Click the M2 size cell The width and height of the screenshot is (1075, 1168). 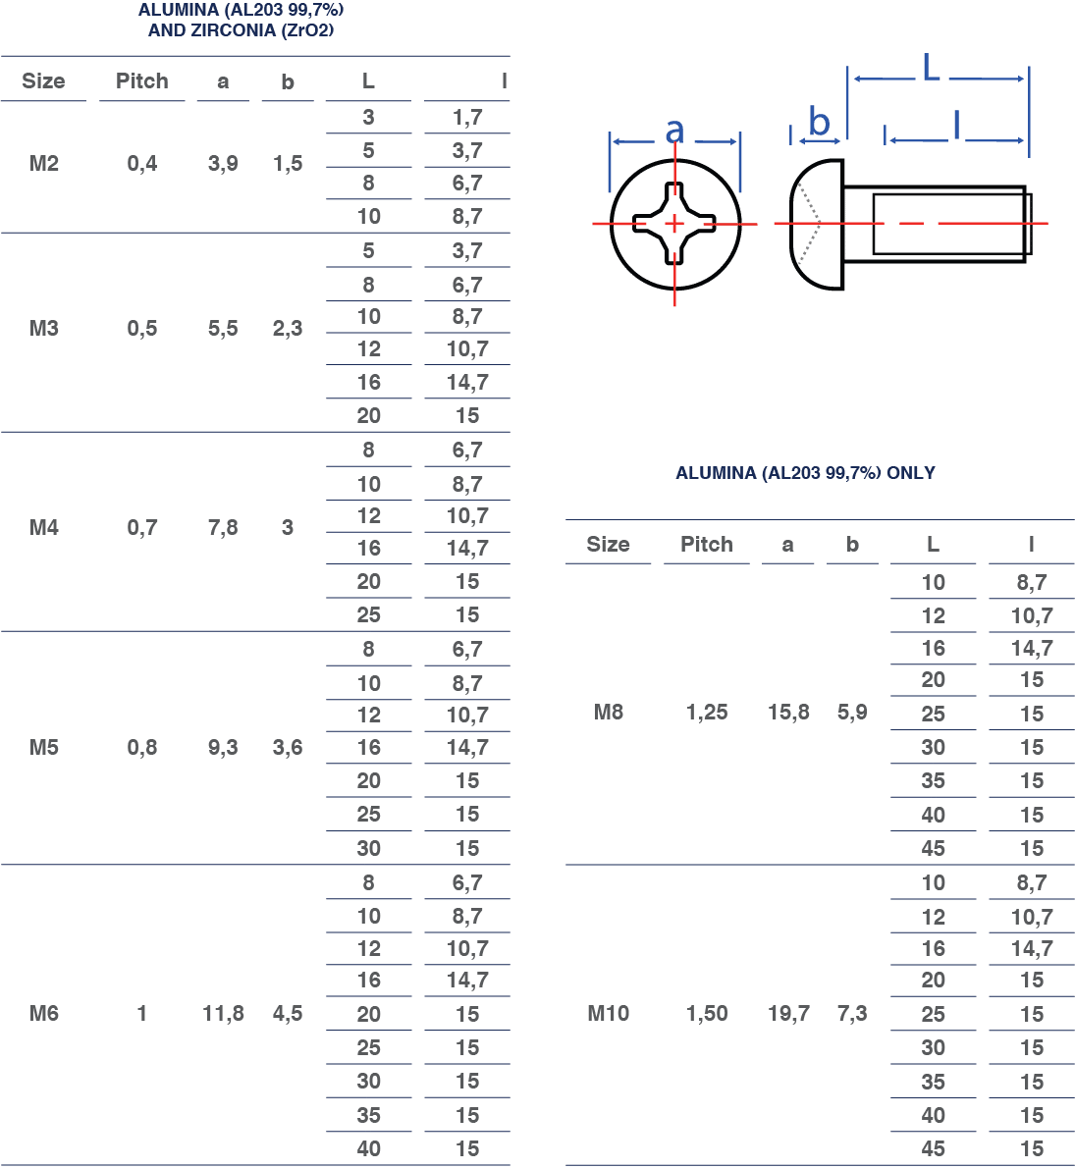pyautogui.click(x=44, y=163)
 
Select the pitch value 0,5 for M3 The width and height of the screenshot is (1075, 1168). pyautogui.click(x=141, y=329)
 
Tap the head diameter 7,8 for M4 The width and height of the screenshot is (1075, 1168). pyautogui.click(x=223, y=527)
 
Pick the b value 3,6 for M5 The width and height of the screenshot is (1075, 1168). pyautogui.click(x=288, y=747)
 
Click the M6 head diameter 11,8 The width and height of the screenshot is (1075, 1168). pyautogui.click(x=223, y=1013)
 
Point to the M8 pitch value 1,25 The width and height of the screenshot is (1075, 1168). pyautogui.click(x=707, y=713)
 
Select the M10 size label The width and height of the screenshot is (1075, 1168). pyautogui.click(x=609, y=1013)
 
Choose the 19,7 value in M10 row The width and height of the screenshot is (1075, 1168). pyautogui.click(x=788, y=1013)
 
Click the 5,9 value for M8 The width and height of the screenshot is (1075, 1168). pyautogui.click(x=852, y=713)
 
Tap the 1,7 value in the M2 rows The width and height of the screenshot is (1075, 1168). pyautogui.click(x=467, y=117)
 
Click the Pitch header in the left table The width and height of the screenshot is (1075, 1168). pyautogui.click(x=141, y=80)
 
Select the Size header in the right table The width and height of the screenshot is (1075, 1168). pyautogui.click(x=608, y=544)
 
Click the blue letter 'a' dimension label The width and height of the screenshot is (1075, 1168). pyautogui.click(x=675, y=132)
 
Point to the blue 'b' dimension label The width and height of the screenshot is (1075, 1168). pyautogui.click(x=820, y=122)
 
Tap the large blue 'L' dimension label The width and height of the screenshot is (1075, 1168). pyautogui.click(x=932, y=67)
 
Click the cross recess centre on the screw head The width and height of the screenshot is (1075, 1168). pyautogui.click(x=674, y=224)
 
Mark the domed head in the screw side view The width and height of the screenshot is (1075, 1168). pyautogui.click(x=817, y=224)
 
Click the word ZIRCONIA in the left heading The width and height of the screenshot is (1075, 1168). pyautogui.click(x=234, y=30)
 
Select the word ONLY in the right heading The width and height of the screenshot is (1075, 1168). pyautogui.click(x=910, y=473)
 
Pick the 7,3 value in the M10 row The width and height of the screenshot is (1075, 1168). pyautogui.click(x=852, y=1013)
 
